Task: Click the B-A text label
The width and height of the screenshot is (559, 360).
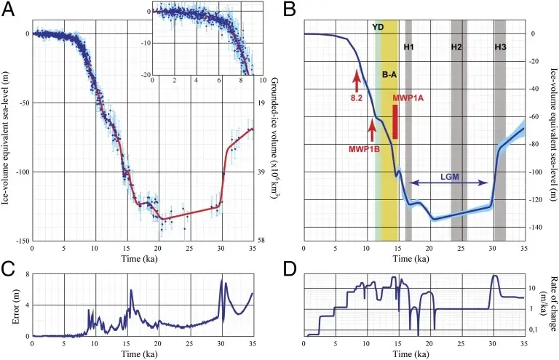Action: (389, 73)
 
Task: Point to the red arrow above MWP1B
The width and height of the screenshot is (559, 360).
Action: (372, 131)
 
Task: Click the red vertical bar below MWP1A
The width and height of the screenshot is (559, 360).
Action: (395, 121)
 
